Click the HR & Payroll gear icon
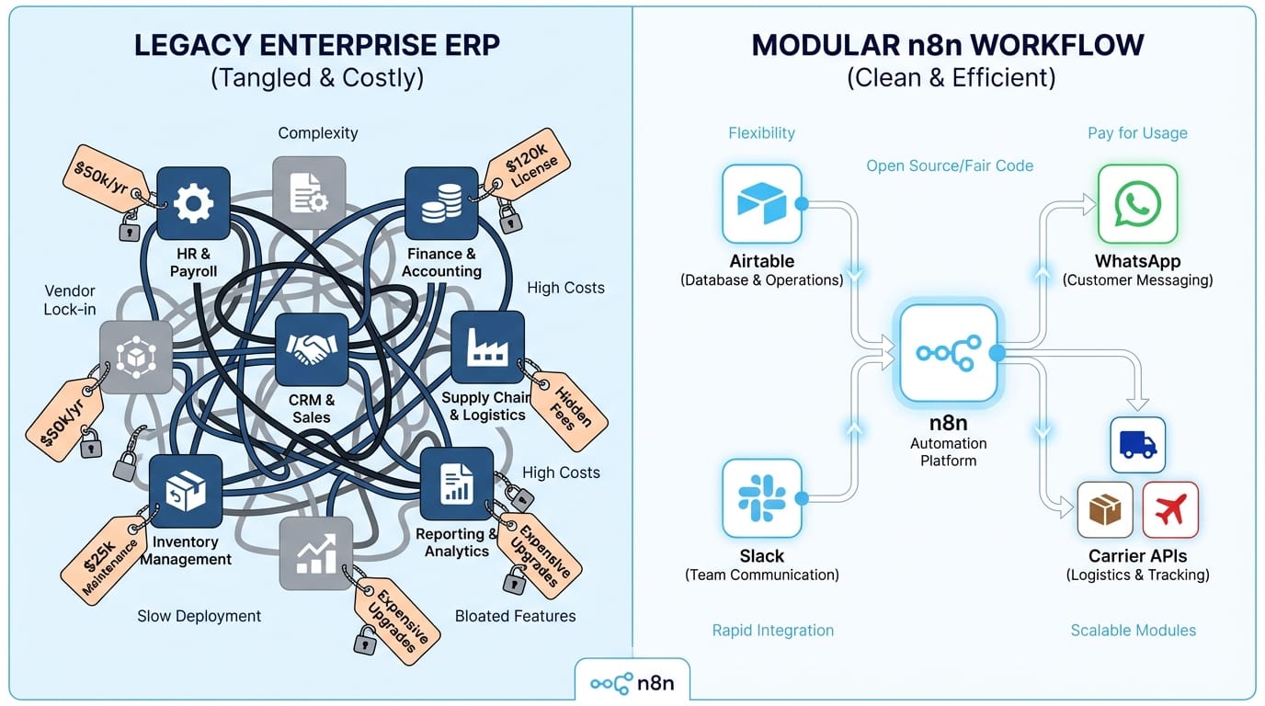[x=193, y=203]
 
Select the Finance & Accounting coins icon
[x=441, y=203]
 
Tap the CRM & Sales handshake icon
[x=312, y=349]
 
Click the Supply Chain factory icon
[x=487, y=347]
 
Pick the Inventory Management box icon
[x=185, y=491]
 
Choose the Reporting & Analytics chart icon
[x=456, y=484]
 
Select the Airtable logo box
[x=761, y=204]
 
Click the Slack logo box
[x=761, y=498]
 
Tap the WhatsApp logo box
[x=1137, y=204]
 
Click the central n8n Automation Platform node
[x=948, y=353]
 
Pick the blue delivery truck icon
[x=1137, y=445]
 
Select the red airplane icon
[x=1170, y=509]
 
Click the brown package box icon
[x=1105, y=509]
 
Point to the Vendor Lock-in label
[x=69, y=299]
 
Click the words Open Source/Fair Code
[x=950, y=165]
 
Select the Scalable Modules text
[x=1133, y=630]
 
